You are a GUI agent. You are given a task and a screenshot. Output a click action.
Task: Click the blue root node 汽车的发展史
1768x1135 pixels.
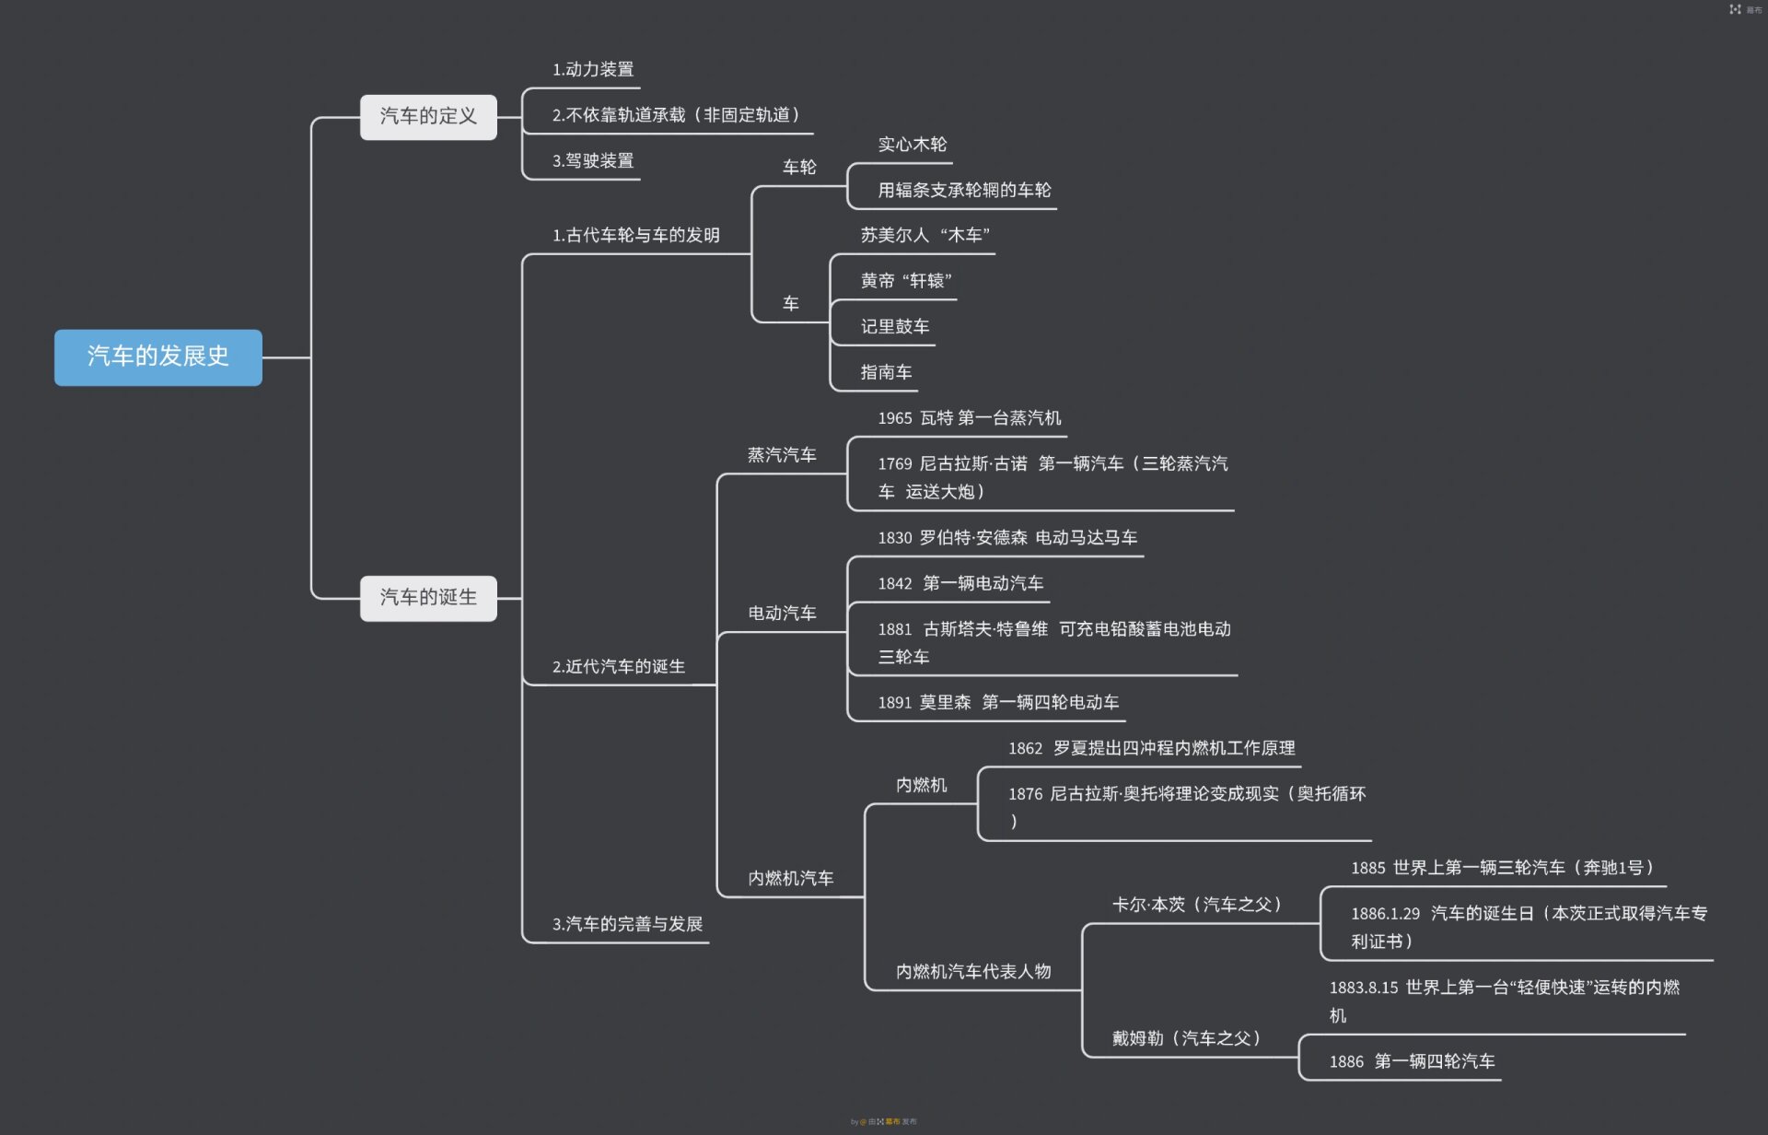point(158,357)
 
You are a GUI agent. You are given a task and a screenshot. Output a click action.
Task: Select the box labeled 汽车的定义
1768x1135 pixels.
point(428,116)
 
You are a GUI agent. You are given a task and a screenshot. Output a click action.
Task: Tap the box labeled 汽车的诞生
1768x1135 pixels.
point(428,598)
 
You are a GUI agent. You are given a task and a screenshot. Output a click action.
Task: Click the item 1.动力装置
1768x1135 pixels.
point(593,69)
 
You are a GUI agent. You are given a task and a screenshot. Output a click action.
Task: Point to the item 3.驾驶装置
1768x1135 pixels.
point(593,160)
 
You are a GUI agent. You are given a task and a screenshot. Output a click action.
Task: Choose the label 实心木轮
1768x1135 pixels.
point(912,144)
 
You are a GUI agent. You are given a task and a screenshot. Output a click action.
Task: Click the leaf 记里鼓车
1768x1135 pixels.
point(895,326)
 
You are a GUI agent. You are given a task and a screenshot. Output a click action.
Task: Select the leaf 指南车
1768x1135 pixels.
point(886,372)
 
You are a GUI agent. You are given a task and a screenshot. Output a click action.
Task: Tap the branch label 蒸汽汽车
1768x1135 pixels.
point(782,455)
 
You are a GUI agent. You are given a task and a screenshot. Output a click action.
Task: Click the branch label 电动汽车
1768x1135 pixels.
point(782,614)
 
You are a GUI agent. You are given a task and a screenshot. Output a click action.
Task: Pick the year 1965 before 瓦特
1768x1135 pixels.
point(895,418)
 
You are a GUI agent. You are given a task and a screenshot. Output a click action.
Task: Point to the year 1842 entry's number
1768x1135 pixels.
point(895,583)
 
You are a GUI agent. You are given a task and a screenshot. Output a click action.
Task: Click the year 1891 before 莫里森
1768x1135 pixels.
point(895,702)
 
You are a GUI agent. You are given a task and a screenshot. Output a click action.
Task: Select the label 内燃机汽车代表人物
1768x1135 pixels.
point(973,971)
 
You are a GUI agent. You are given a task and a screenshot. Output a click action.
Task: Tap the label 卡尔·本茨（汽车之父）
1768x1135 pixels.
point(1197,905)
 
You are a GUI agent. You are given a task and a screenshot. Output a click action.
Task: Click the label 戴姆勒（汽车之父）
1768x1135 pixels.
point(1186,1038)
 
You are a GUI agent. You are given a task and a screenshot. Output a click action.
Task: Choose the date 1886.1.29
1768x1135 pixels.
point(1385,914)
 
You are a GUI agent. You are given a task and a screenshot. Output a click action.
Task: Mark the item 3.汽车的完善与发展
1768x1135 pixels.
point(627,924)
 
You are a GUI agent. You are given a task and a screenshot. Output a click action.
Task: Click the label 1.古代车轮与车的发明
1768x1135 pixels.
point(635,235)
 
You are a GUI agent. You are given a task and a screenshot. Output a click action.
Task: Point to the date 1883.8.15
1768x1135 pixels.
point(1364,988)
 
